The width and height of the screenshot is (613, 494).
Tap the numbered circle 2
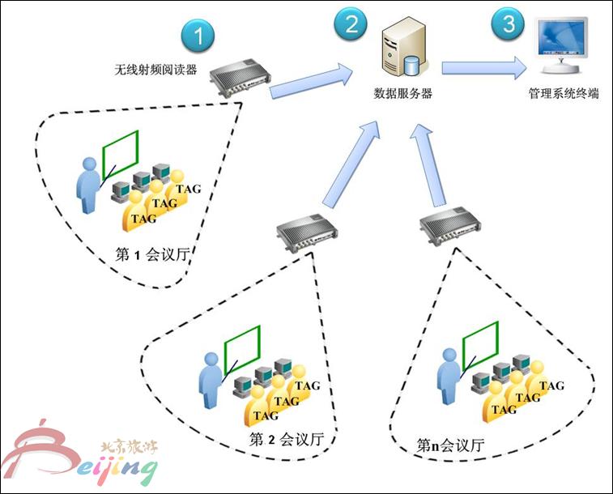pyautogui.click(x=351, y=24)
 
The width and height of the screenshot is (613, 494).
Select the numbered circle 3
pyautogui.click(x=509, y=24)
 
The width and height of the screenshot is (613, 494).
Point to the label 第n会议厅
pyautogui.click(x=450, y=445)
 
